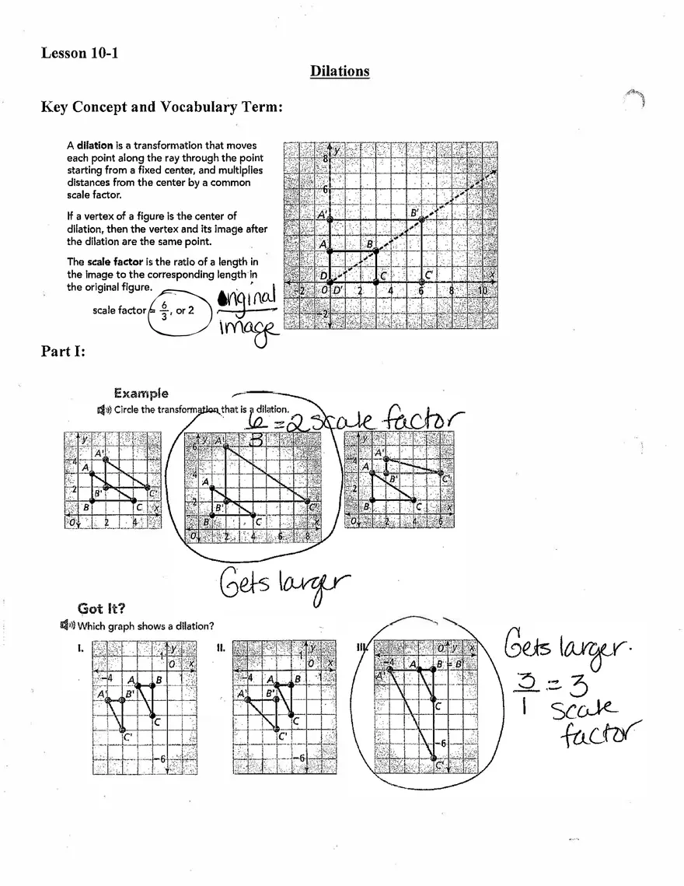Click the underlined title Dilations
click(x=340, y=72)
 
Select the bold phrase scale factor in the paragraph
click(x=114, y=262)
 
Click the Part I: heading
click(x=63, y=352)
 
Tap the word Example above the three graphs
click(x=141, y=394)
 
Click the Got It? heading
click(x=102, y=608)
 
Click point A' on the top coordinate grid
click(x=330, y=220)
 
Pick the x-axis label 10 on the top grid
click(x=482, y=291)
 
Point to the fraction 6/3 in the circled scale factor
click(x=163, y=310)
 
